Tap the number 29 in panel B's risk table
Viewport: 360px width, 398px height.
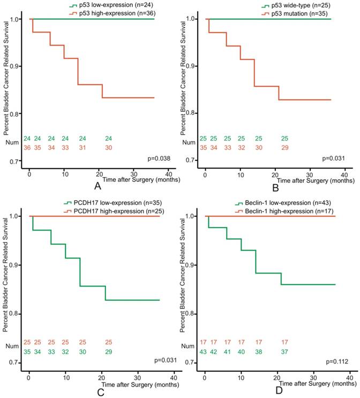pyautogui.click(x=284, y=147)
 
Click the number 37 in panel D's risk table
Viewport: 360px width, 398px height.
pyautogui.click(x=284, y=351)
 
